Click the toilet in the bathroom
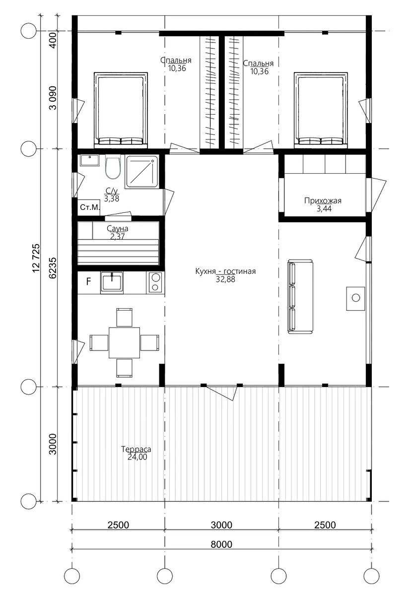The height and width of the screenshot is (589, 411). coord(112,168)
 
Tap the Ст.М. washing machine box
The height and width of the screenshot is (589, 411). coord(89,207)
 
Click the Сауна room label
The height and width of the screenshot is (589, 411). coord(118,228)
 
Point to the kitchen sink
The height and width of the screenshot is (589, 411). coord(112,282)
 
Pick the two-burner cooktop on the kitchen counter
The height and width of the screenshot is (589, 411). coord(155,282)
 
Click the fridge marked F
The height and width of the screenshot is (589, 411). coord(89,282)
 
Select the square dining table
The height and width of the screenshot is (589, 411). coord(125,342)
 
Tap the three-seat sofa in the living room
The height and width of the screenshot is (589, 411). coord(300,296)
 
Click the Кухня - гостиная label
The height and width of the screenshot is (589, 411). coord(225,271)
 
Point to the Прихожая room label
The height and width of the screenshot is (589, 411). coord(323,201)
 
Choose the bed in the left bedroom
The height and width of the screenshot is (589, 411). coord(120,109)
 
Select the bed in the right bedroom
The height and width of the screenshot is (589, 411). coord(321,109)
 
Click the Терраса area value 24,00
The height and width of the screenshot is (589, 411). coord(137,457)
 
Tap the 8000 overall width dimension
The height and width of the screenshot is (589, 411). coord(221,544)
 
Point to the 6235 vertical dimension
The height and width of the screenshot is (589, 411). coord(53,267)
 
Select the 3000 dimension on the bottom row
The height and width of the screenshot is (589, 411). coord(221,524)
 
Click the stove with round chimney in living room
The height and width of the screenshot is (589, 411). coord(355,298)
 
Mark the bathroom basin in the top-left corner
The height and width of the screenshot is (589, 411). coord(89,161)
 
